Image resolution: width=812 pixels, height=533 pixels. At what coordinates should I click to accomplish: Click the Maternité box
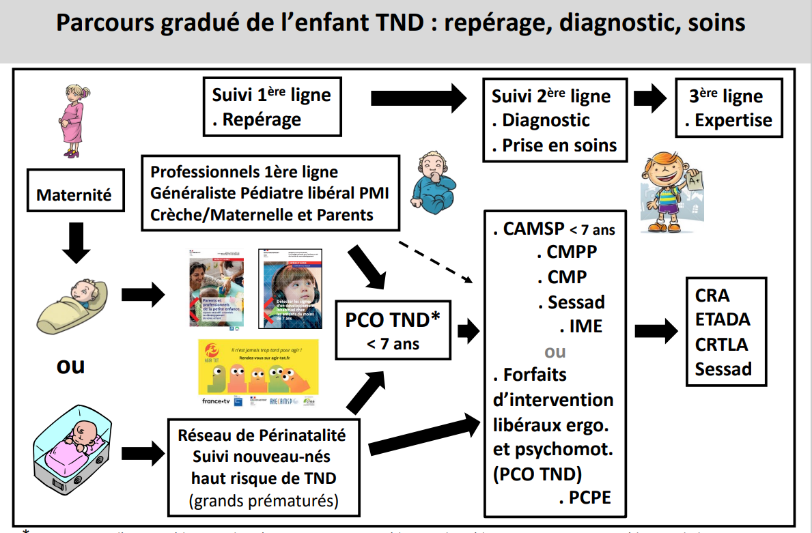coord(74,195)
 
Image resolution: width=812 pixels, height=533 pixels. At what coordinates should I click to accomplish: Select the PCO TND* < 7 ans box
coord(393,330)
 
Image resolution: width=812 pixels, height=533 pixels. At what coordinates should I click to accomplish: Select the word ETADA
coord(723,319)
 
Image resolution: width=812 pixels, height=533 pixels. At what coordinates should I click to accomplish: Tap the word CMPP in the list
coord(572,252)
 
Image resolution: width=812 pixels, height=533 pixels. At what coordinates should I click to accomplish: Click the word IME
coord(586,326)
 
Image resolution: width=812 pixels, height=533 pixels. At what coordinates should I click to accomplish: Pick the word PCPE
coord(589,498)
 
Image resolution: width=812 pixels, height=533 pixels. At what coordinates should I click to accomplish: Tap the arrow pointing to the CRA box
coord(654,332)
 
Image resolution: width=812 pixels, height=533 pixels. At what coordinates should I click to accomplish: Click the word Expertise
coord(733,121)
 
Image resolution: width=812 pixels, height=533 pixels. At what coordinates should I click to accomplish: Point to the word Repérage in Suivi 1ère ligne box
coord(262,120)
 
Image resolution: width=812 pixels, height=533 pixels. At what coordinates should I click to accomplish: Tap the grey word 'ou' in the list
coord(555,351)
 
